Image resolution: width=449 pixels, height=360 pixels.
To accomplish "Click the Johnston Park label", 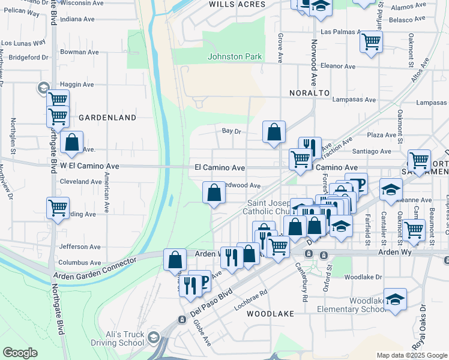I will coord(235,56).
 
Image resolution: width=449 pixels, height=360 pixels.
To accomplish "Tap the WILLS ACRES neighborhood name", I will coord(237,4).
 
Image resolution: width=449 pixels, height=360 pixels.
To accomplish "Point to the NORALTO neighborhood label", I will coord(309,93).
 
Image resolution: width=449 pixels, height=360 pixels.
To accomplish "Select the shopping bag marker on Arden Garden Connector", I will coord(175,260).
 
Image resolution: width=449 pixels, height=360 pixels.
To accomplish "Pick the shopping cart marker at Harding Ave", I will coord(58,208).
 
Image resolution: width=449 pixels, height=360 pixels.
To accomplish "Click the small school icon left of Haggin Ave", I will coord(43,88).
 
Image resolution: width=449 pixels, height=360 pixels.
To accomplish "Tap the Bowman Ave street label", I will coord(79,52).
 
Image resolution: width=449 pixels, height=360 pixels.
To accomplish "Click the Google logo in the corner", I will coord(20,352).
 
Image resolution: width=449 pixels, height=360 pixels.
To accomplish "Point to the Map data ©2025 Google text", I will coord(411,355).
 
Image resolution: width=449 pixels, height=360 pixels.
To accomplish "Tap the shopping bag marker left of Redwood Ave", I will coord(214,193).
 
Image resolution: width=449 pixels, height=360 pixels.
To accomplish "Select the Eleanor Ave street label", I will coord(338,66).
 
